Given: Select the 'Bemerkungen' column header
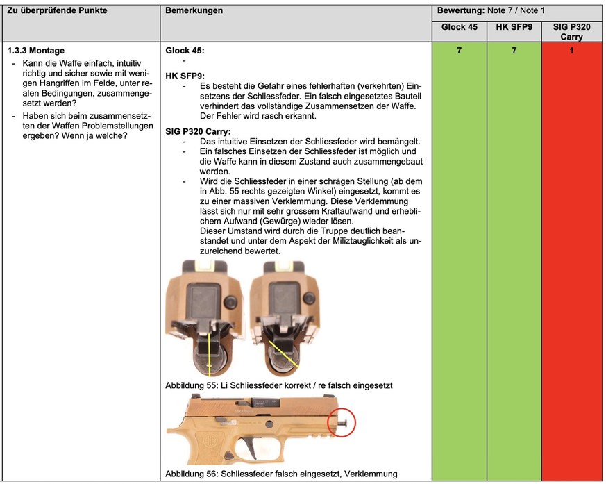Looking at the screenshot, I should click(194, 11).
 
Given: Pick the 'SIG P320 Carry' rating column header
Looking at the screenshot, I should click(571, 31).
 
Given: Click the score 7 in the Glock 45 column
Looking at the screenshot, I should click(459, 51).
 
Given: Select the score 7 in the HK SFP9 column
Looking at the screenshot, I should click(514, 51).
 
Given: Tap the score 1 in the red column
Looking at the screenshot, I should click(571, 51).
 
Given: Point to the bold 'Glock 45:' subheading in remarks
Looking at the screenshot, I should click(185, 51).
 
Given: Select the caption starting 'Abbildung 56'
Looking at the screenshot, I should click(281, 474).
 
